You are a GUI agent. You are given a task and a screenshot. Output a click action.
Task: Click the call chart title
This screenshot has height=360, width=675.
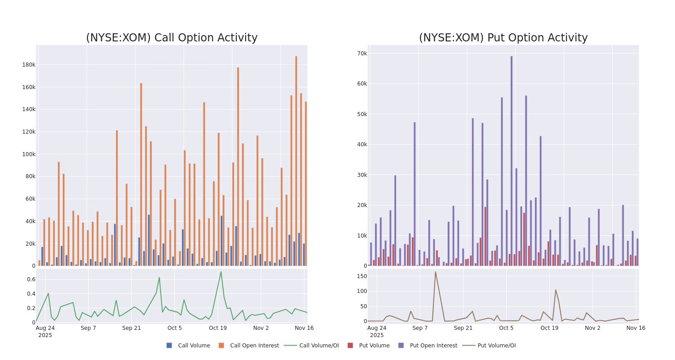point(171,38)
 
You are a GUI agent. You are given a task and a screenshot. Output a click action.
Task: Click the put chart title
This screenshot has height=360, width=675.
point(503,38)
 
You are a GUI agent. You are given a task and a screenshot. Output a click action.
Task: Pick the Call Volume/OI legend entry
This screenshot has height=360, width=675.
point(311,346)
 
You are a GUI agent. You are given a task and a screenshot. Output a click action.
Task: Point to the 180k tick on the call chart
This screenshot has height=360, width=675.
point(29,65)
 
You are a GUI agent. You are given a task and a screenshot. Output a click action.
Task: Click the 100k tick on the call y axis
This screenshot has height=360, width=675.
point(29,154)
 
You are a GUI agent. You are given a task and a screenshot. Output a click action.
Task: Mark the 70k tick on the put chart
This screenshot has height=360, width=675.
point(362,54)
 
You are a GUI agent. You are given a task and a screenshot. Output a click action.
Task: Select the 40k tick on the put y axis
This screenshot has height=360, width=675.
point(362,144)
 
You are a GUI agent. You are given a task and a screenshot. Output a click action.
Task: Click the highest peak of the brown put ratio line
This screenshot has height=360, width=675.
point(435,272)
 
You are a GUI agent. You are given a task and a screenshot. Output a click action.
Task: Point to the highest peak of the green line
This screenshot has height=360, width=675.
point(220,272)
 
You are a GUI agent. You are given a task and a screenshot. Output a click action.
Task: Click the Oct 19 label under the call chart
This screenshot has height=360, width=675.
point(218,328)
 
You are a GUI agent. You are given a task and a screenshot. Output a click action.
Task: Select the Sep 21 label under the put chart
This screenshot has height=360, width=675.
point(463,328)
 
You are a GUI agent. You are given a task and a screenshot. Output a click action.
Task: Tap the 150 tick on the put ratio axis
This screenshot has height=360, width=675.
point(362,276)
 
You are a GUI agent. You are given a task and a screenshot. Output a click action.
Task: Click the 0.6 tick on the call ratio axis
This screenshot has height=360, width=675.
point(31,279)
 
